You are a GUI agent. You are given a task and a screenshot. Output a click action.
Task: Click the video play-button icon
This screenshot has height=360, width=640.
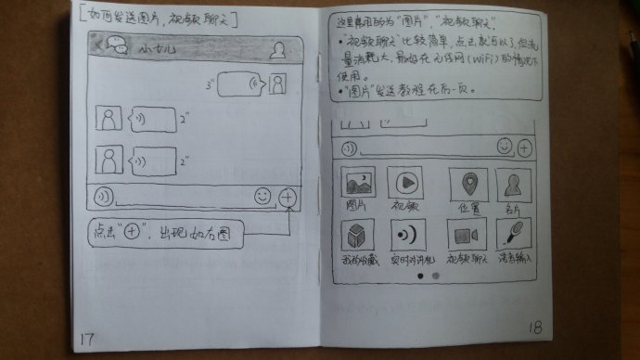coord(405,181)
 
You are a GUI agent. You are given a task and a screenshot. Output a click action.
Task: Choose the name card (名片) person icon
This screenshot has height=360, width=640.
coord(513,184)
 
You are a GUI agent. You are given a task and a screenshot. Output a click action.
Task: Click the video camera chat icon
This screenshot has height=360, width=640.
coord(466,236)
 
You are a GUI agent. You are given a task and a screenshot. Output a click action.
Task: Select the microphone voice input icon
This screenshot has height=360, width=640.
coord(514,236)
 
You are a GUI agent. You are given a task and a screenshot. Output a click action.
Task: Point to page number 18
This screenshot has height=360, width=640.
coord(535,328)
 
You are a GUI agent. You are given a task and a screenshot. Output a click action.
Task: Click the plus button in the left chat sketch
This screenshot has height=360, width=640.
coord(288,197)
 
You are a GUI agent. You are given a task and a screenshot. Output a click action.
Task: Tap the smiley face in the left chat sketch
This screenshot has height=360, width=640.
coord(263,197)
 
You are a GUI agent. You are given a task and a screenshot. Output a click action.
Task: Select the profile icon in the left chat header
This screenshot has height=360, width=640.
coord(275,52)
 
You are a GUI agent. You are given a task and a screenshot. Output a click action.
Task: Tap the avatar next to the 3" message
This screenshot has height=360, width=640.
coord(276,85)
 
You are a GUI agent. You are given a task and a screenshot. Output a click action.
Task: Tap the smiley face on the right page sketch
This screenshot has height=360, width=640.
coord(504,146)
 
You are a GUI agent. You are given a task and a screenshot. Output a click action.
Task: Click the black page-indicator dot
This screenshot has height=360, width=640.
coord(419,276)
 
